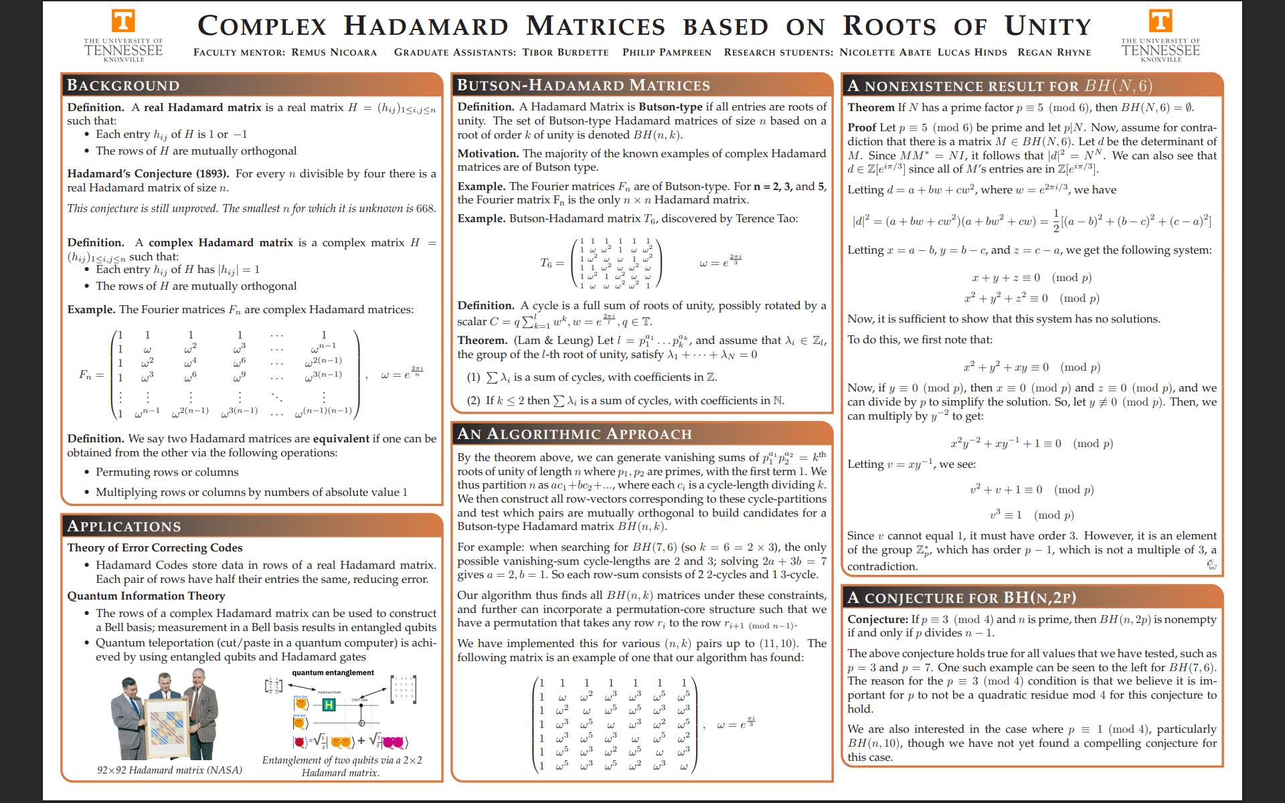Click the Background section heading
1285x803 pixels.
coord(123,86)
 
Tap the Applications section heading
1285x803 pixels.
coord(124,527)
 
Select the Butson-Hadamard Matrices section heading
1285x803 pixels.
coord(583,86)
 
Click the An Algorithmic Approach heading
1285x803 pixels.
coord(574,434)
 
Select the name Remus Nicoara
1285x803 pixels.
coord(334,52)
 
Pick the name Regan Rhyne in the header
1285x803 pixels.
coord(1054,52)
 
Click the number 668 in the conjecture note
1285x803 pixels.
coord(426,209)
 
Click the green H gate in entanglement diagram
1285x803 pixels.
coord(329,705)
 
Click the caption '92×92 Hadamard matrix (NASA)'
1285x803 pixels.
coord(169,770)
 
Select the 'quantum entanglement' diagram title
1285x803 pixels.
coord(333,673)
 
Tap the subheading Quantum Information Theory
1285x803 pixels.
coord(146,596)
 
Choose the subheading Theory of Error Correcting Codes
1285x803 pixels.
coord(155,548)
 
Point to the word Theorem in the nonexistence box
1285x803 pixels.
coord(871,108)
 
